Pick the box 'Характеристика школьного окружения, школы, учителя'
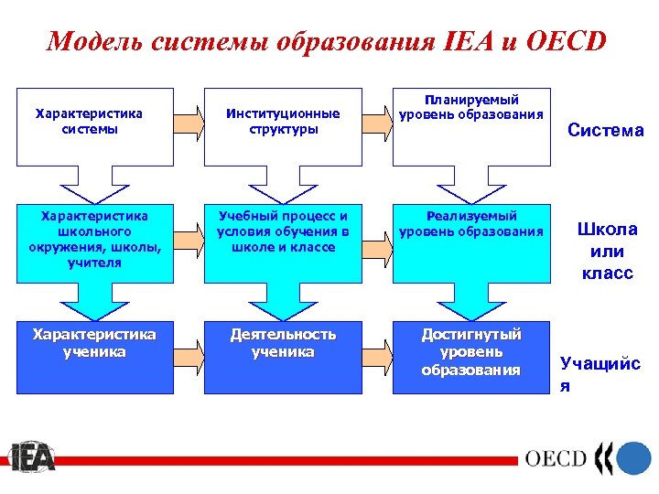pos(94,240)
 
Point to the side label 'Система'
pos(605,131)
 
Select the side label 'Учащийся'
pos(600,374)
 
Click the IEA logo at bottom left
pos(32,456)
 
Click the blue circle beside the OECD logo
pos(633,456)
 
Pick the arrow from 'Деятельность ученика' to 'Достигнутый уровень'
pos(377,348)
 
